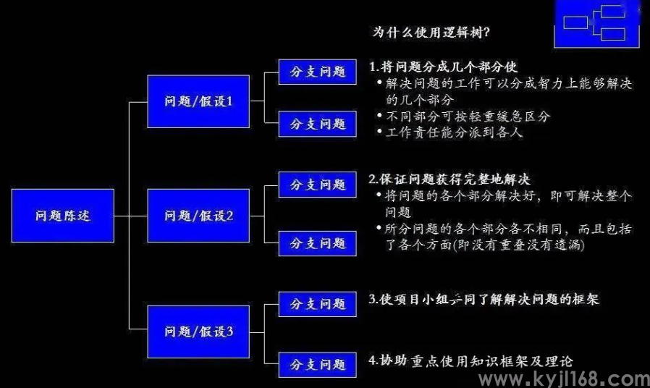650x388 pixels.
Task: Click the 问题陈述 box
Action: point(63,216)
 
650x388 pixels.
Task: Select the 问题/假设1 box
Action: point(198,101)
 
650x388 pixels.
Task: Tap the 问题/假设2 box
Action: point(198,216)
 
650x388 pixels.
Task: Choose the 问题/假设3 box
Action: point(198,332)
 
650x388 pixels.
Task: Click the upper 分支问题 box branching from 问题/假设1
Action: point(318,72)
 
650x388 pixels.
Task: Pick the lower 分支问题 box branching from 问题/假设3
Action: point(318,363)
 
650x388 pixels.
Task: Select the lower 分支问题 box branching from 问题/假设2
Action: point(318,244)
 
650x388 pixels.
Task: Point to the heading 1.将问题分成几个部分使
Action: point(443,67)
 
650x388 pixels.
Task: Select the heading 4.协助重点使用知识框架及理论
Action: point(471,360)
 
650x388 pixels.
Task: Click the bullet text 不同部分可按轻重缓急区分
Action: point(468,116)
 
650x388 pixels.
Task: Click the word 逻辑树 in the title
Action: point(457,33)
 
